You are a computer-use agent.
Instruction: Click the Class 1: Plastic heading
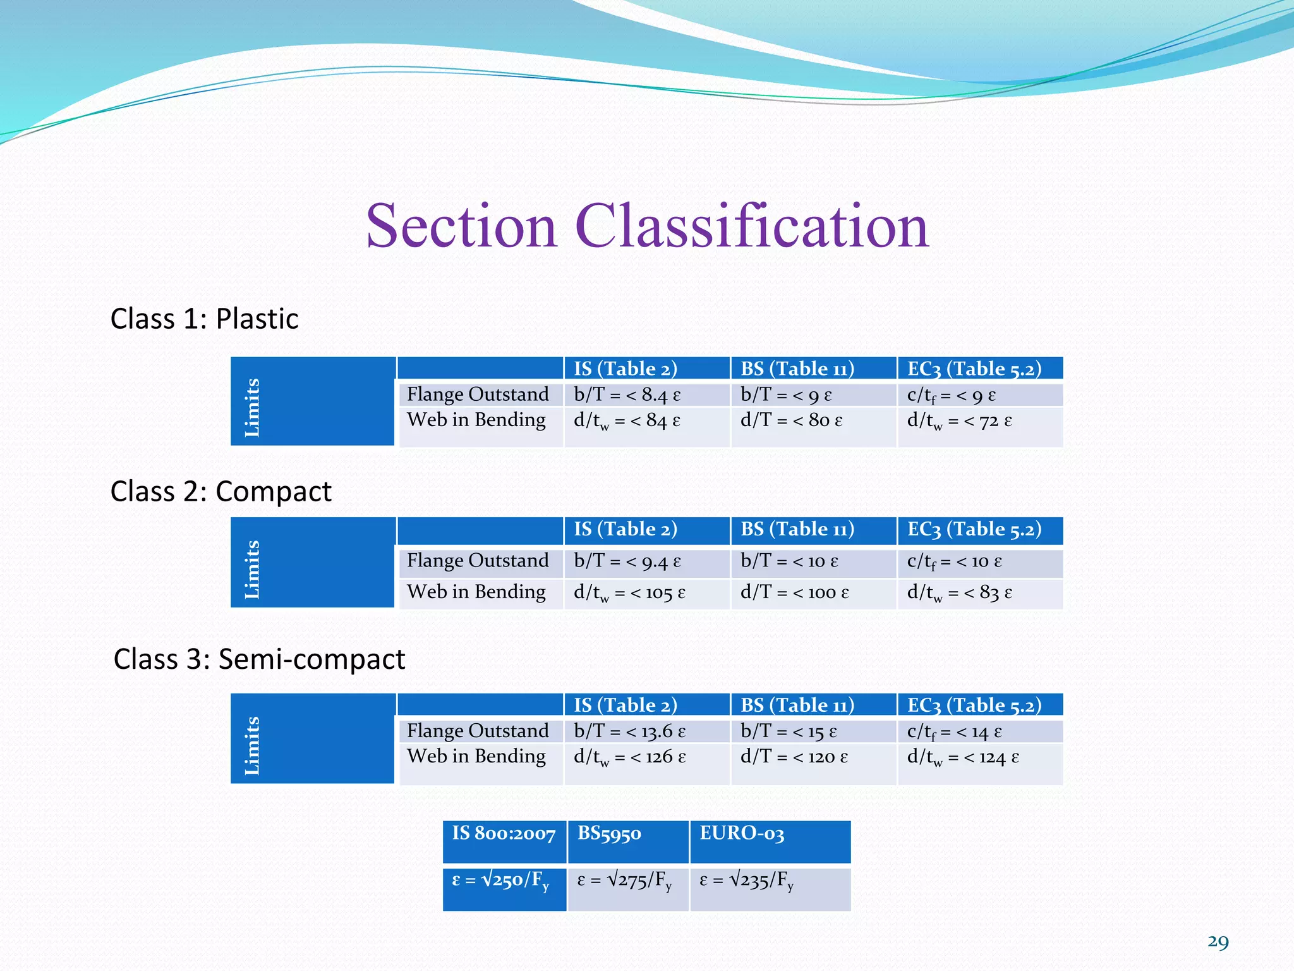point(204,319)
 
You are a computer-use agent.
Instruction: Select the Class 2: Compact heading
point(221,491)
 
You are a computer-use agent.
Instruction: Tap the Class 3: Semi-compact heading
point(259,659)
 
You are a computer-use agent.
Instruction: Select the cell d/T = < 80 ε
point(791,420)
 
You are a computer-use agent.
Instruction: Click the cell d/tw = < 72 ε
point(959,421)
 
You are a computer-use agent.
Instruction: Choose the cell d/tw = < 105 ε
point(629,593)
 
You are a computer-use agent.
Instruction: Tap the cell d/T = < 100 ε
point(794,592)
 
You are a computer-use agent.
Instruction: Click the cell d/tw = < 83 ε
point(959,593)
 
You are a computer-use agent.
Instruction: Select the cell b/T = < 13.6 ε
point(629,731)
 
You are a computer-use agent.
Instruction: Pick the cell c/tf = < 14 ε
point(954,732)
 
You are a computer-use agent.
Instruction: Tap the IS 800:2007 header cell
point(504,834)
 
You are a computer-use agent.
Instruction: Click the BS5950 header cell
point(609,834)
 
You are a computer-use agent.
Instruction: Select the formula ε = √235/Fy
point(746,880)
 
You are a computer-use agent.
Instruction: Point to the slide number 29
point(1218,942)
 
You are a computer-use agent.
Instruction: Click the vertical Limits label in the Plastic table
point(252,407)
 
